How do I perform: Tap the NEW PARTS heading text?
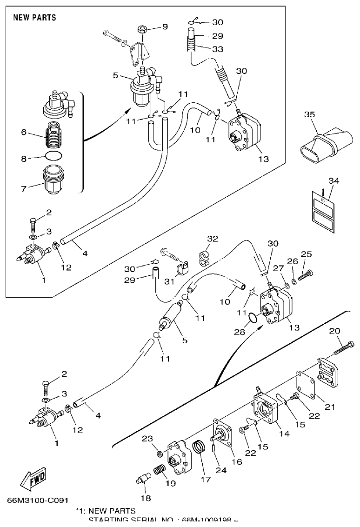(34, 18)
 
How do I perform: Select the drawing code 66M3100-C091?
(38, 501)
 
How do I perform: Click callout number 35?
(310, 114)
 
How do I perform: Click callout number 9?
(165, 27)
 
